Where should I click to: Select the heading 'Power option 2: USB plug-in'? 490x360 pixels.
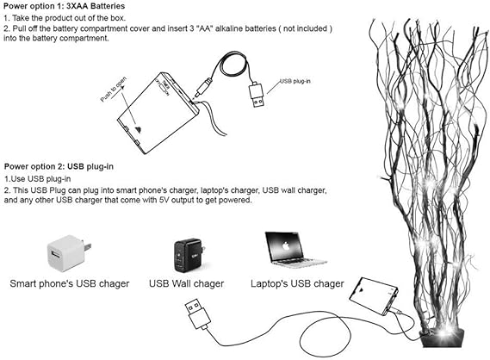coord(58,165)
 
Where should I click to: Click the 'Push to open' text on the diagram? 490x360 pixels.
coord(115,89)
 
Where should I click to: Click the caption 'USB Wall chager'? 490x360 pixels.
coord(187,283)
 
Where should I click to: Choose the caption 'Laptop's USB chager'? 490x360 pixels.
coord(297,283)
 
